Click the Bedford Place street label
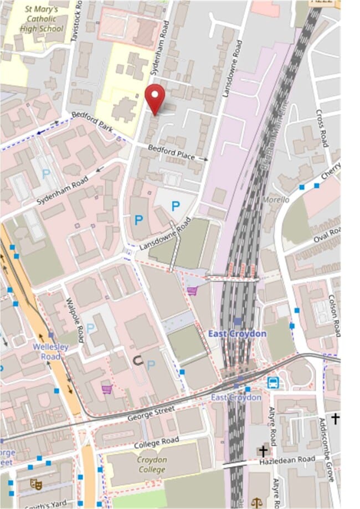[171, 152]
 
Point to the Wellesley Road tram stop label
[50, 351]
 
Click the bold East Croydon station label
[237, 333]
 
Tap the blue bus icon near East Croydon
[273, 382]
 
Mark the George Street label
[151, 413]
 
